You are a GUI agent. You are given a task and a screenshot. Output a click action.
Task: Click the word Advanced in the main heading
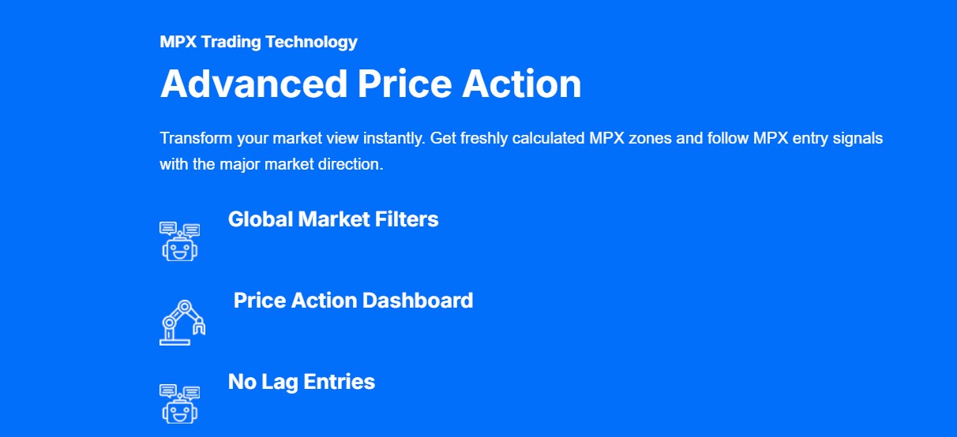click(x=253, y=84)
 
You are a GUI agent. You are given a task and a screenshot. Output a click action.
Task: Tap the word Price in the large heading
click(x=404, y=84)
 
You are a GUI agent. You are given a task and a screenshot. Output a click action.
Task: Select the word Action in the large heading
click(x=522, y=84)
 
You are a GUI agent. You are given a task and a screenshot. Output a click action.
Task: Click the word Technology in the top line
click(x=311, y=43)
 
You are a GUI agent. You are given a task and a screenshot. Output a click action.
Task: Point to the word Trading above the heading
click(x=231, y=43)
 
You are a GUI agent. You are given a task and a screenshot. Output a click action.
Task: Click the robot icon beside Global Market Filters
click(x=180, y=241)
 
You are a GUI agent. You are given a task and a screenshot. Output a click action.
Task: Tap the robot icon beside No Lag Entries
click(x=180, y=404)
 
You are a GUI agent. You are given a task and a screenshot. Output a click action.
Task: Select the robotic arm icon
click(x=182, y=322)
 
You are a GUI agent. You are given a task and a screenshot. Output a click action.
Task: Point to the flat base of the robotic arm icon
click(x=175, y=342)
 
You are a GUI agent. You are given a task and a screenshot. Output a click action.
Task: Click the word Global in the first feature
click(x=261, y=219)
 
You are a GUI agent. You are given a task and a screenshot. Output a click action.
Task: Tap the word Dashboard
click(x=418, y=301)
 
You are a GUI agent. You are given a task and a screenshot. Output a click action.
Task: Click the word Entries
click(x=340, y=382)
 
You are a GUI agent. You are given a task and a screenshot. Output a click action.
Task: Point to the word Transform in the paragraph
click(x=196, y=138)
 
